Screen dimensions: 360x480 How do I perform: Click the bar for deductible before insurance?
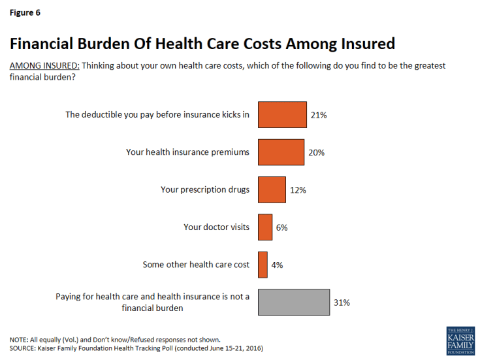click(x=282, y=114)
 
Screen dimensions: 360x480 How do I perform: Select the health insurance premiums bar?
click(x=281, y=152)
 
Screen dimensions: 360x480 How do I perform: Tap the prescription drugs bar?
click(x=272, y=189)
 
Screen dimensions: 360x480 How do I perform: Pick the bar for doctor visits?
click(x=265, y=227)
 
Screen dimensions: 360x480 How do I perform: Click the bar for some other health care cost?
click(x=263, y=265)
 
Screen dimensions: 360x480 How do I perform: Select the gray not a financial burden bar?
click(x=294, y=303)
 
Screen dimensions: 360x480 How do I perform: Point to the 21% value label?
click(x=318, y=115)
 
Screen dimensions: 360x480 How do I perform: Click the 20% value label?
click(x=316, y=152)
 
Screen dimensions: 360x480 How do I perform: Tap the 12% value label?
click(x=298, y=190)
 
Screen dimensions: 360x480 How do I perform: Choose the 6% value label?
click(x=281, y=227)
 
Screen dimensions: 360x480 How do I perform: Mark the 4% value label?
click(x=277, y=265)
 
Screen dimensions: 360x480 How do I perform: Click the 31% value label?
click(x=342, y=303)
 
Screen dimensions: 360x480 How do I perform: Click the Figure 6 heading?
click(x=24, y=12)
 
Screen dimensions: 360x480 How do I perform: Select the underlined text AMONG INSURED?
click(x=43, y=67)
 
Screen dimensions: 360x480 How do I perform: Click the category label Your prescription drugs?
click(x=205, y=190)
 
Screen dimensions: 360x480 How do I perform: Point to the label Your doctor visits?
click(x=216, y=227)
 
